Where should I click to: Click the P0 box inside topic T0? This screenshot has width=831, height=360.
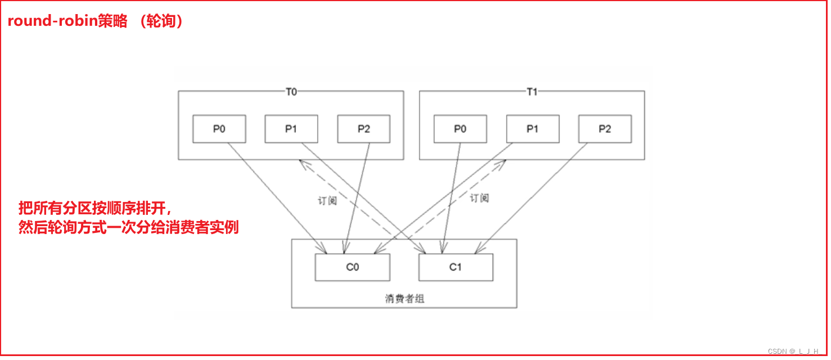click(x=219, y=129)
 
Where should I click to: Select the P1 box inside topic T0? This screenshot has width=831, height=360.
click(x=291, y=129)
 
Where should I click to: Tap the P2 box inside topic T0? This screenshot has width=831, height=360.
click(x=364, y=129)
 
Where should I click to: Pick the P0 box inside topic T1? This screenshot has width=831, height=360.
click(x=460, y=129)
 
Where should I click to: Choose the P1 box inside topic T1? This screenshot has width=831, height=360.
click(x=532, y=129)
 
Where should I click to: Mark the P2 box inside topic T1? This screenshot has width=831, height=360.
click(x=605, y=129)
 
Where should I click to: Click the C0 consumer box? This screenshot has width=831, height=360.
click(x=353, y=267)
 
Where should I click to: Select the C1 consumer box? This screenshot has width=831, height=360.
click(x=455, y=267)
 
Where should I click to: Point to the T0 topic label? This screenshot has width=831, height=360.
click(x=291, y=92)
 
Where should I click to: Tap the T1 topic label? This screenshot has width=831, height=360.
click(x=532, y=92)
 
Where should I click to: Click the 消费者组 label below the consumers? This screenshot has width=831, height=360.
click(x=405, y=299)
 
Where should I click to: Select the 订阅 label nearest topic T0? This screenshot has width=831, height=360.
click(x=327, y=200)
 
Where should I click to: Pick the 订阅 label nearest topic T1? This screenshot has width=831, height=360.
click(x=479, y=198)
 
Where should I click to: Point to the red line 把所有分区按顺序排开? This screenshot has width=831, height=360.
click(x=94, y=208)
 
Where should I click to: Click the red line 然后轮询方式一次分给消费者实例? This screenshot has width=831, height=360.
click(x=129, y=228)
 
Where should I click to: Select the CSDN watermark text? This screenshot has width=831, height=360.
click(x=793, y=351)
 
